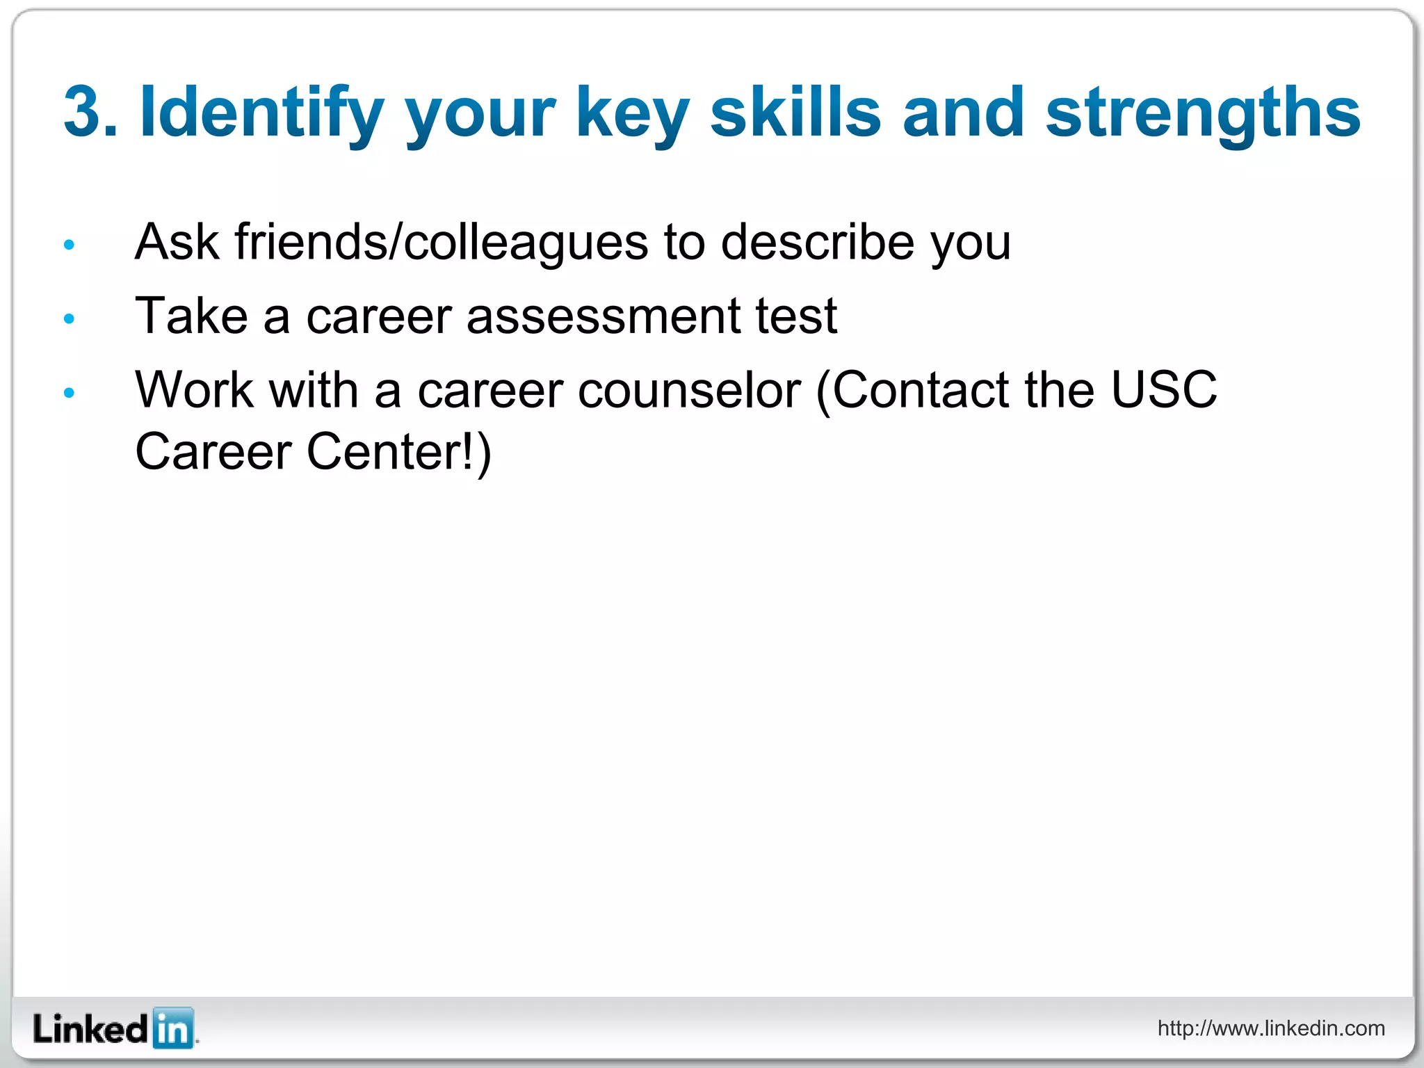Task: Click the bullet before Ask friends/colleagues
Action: click(x=69, y=245)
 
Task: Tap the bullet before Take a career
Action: click(x=69, y=319)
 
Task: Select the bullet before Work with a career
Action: click(x=69, y=393)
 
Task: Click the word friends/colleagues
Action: click(x=441, y=243)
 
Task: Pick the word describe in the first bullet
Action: click(x=817, y=243)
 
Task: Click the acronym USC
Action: click(x=1163, y=389)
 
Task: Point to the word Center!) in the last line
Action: click(x=399, y=452)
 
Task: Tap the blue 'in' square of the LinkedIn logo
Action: click(x=172, y=1028)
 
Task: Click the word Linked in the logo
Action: click(x=90, y=1029)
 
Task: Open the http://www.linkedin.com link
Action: click(x=1270, y=1028)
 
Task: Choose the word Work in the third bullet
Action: click(x=194, y=390)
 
